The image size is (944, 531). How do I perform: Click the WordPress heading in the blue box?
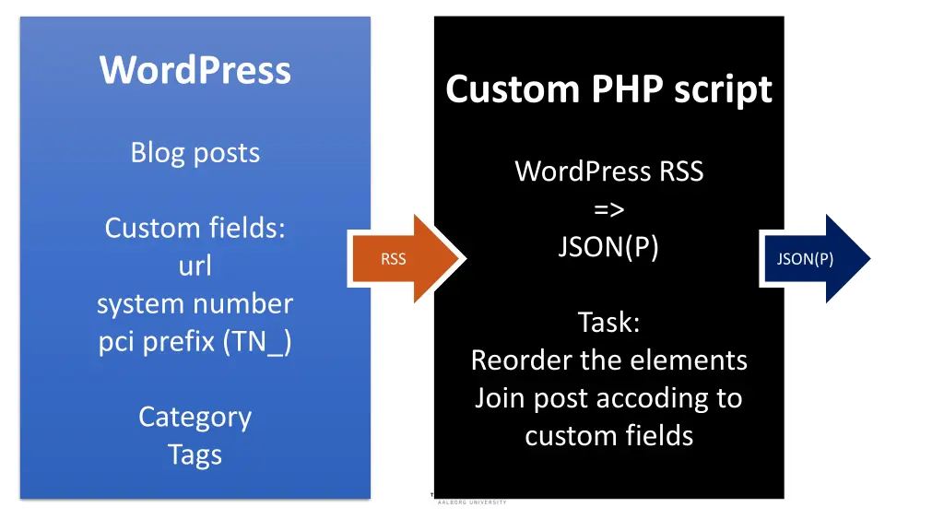click(195, 70)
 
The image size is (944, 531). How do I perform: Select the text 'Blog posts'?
click(195, 152)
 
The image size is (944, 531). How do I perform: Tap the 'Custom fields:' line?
click(195, 228)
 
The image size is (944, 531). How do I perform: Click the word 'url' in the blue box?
click(195, 265)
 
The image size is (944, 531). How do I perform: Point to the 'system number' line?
click(195, 303)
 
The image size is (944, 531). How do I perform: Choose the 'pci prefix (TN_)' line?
click(195, 341)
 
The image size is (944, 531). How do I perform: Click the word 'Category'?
click(195, 417)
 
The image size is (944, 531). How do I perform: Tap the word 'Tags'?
click(195, 454)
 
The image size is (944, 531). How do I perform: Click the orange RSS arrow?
click(406, 259)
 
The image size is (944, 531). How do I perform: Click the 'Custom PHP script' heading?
click(608, 89)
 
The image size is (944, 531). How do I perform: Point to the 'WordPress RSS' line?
click(608, 171)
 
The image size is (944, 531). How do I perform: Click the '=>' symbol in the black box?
click(608, 209)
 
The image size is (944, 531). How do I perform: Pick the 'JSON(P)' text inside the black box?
click(608, 247)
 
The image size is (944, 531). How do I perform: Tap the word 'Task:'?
click(608, 323)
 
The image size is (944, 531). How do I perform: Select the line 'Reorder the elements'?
click(608, 360)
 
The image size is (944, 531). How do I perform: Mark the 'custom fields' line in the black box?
click(608, 435)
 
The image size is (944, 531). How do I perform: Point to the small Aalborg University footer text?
click(472, 502)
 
